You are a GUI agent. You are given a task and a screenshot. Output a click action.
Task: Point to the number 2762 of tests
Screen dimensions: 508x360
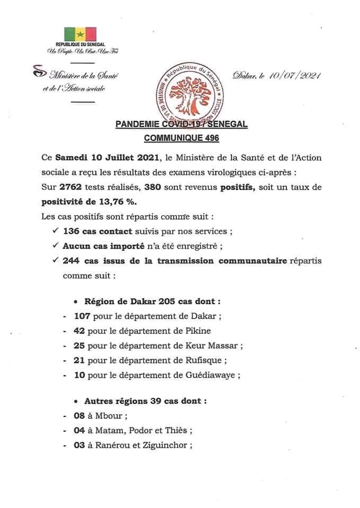click(72, 187)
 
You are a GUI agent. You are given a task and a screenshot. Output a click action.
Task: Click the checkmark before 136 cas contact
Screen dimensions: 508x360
click(55, 231)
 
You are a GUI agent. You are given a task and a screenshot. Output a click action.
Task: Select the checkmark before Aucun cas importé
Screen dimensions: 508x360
click(55, 246)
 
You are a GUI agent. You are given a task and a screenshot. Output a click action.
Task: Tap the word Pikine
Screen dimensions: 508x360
click(196, 331)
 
